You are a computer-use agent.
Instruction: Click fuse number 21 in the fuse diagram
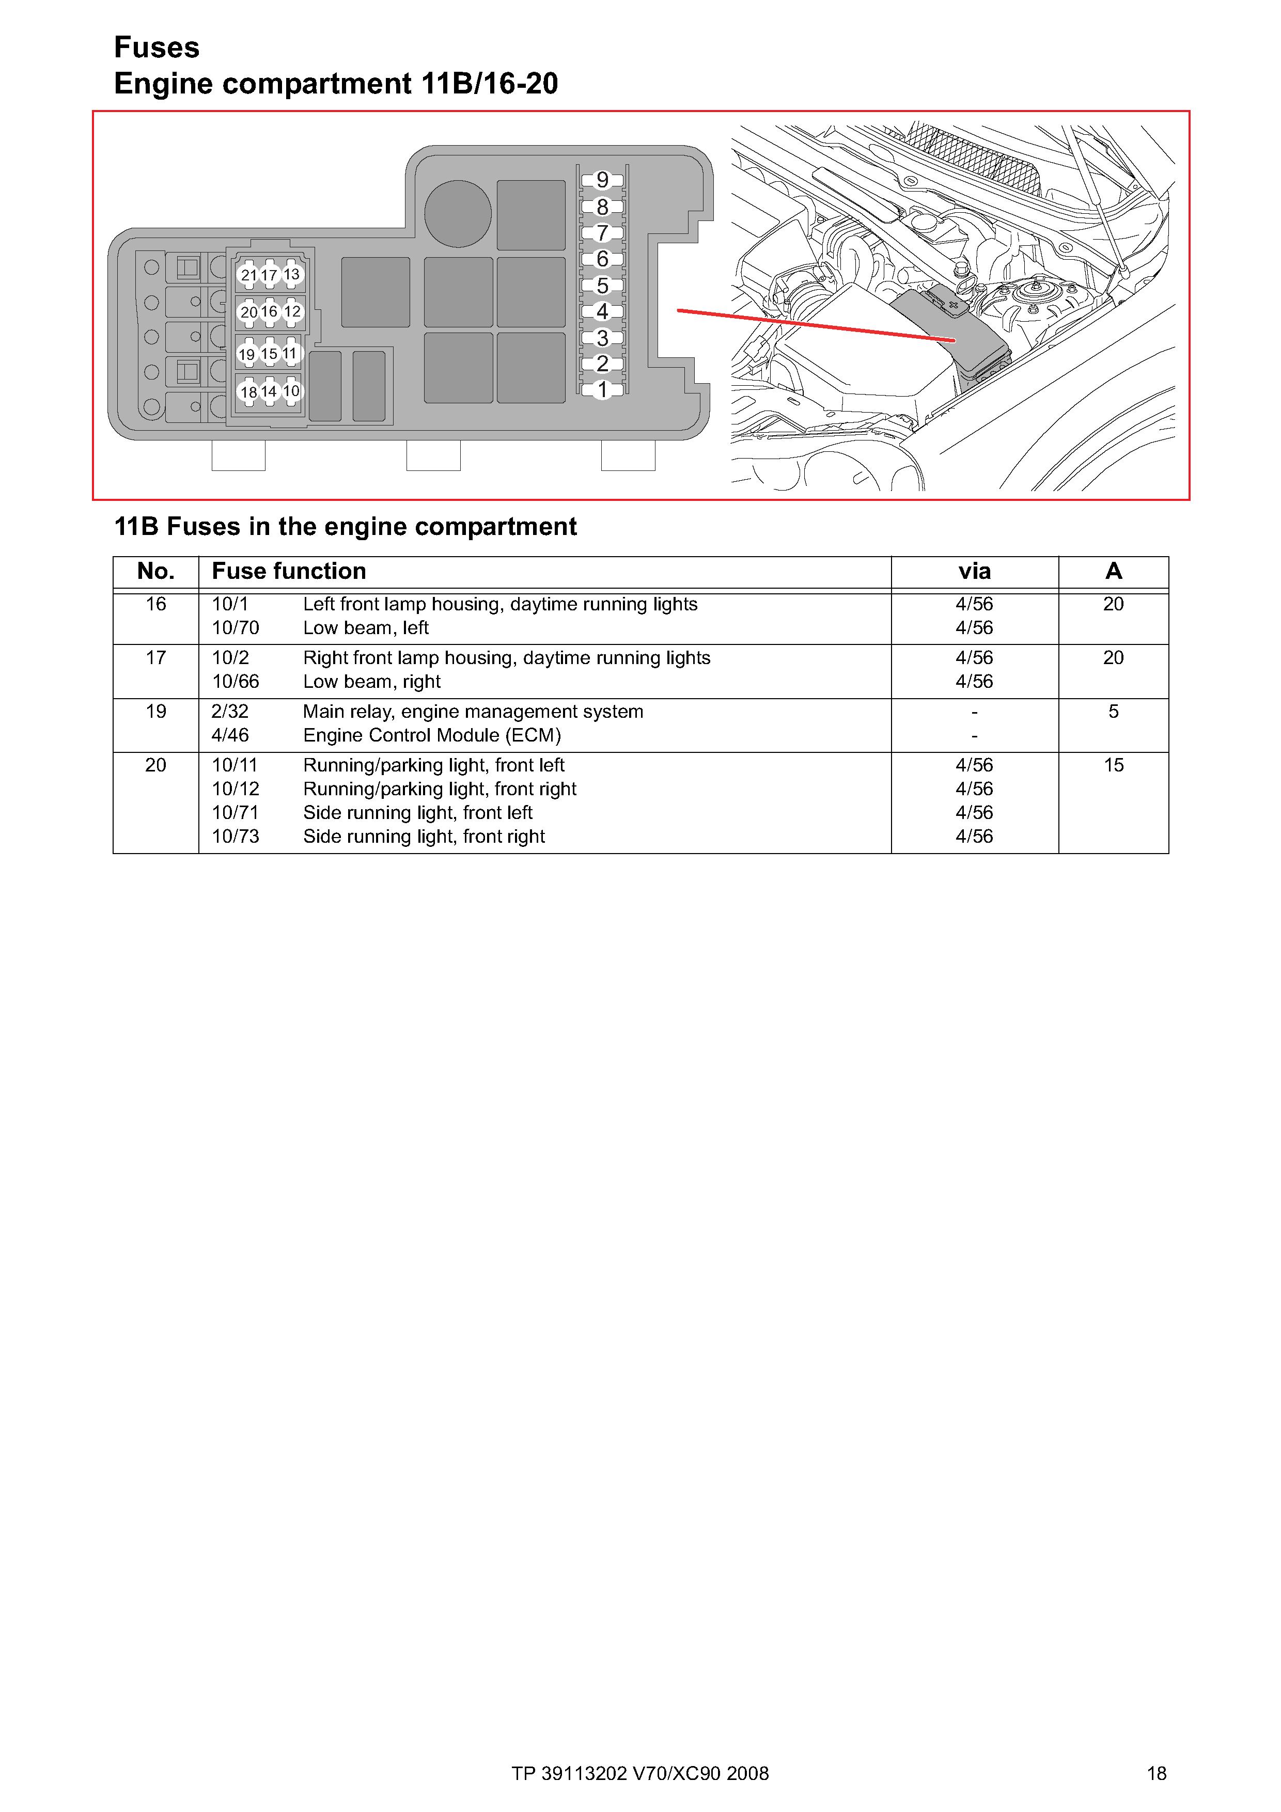(248, 275)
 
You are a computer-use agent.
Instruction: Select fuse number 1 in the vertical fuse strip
(602, 390)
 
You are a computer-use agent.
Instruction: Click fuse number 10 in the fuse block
(291, 391)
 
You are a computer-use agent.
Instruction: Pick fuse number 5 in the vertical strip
(602, 286)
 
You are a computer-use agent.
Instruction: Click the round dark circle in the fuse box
(458, 213)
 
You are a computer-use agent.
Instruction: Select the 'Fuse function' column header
(289, 571)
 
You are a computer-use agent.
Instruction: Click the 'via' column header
(974, 571)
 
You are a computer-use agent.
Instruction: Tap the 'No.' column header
(155, 571)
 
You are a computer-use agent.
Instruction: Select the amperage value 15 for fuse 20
(1113, 765)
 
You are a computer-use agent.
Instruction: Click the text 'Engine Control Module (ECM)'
(432, 735)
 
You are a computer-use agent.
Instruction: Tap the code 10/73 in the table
(235, 837)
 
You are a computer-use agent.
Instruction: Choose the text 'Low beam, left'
(365, 628)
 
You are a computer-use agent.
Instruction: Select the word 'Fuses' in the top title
(157, 48)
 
